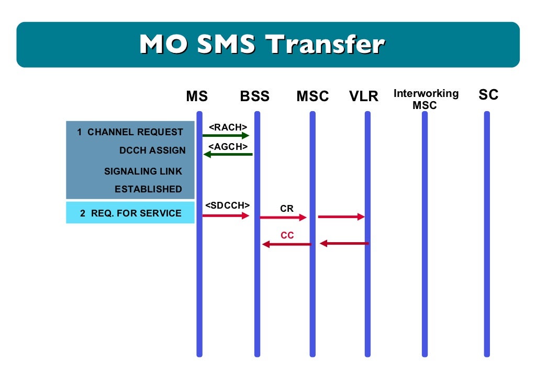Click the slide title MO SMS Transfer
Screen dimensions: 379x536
[262, 45]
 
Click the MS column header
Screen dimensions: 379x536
[197, 96]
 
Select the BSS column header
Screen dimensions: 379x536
[255, 96]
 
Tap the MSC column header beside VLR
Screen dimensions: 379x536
[312, 96]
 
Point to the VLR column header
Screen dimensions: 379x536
[364, 96]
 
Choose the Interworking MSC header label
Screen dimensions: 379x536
[426, 99]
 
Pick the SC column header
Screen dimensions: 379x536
[488, 95]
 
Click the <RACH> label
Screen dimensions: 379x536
[228, 127]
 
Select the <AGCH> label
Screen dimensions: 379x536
[228, 146]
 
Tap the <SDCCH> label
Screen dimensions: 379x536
[227, 205]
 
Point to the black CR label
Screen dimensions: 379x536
[287, 209]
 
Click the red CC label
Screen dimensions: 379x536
[287, 235]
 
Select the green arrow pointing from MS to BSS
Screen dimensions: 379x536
[226, 136]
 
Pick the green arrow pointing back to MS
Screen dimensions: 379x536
[228, 154]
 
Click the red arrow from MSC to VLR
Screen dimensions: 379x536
[341, 216]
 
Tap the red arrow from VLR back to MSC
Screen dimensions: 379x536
[344, 243]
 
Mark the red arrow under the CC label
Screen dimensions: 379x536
[287, 244]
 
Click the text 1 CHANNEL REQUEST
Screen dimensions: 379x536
[130, 132]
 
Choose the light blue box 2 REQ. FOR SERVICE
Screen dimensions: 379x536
[130, 213]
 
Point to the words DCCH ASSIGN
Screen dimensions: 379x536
[152, 150]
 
